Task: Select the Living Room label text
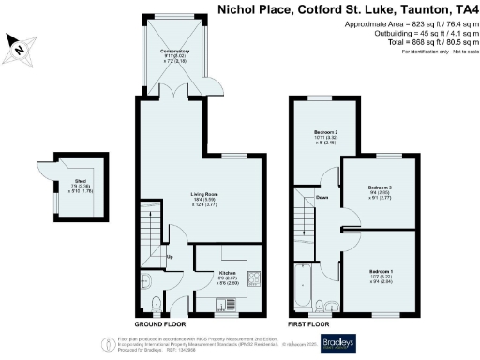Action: pos(204,194)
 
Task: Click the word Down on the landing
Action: pos(322,198)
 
